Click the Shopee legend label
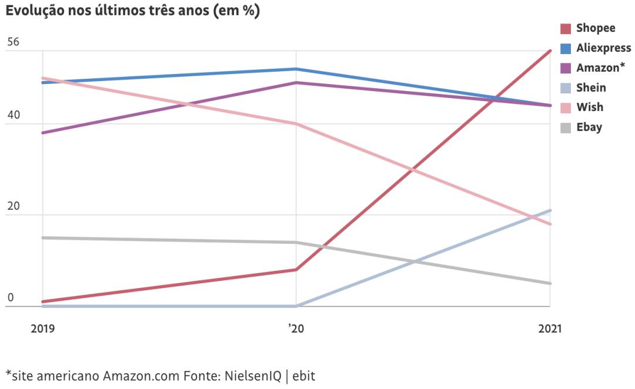[596, 28]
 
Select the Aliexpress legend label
[603, 48]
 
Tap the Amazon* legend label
[600, 68]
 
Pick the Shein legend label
[591, 88]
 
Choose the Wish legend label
[590, 107]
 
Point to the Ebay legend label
[589, 127]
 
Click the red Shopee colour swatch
[566, 29]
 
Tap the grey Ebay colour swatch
[566, 128]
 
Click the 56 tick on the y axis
[14, 42]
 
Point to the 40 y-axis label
[14, 115]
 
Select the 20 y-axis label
[14, 207]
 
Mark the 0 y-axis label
[10, 298]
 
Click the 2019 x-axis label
[43, 328]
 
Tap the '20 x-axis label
[296, 328]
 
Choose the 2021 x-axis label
[549, 328]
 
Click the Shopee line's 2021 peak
[550, 51]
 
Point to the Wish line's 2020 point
[296, 124]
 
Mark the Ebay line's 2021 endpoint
[550, 283]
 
